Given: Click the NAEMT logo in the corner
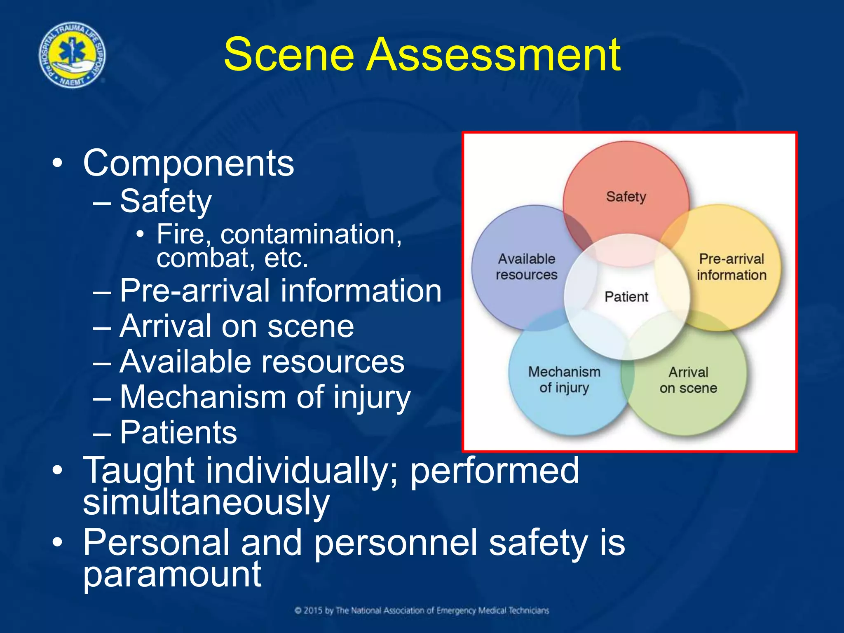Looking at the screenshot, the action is click(72, 55).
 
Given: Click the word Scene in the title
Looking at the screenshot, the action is click(289, 54).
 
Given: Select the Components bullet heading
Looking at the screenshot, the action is click(188, 163).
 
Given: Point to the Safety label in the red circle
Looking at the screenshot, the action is click(626, 197).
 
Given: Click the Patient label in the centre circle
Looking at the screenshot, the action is click(626, 296).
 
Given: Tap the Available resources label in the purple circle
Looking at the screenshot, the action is click(526, 267).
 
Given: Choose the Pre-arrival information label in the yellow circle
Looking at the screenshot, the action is click(731, 267).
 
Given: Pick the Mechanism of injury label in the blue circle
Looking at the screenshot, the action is click(564, 380).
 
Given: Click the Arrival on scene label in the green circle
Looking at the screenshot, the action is click(688, 380).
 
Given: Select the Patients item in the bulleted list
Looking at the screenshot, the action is click(178, 432).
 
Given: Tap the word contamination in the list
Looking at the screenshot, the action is click(311, 234).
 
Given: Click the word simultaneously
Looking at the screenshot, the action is click(206, 502).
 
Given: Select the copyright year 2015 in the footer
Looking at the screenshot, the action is click(313, 610).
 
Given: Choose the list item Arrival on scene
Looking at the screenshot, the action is click(237, 326).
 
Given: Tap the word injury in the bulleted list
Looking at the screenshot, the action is click(371, 397).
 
